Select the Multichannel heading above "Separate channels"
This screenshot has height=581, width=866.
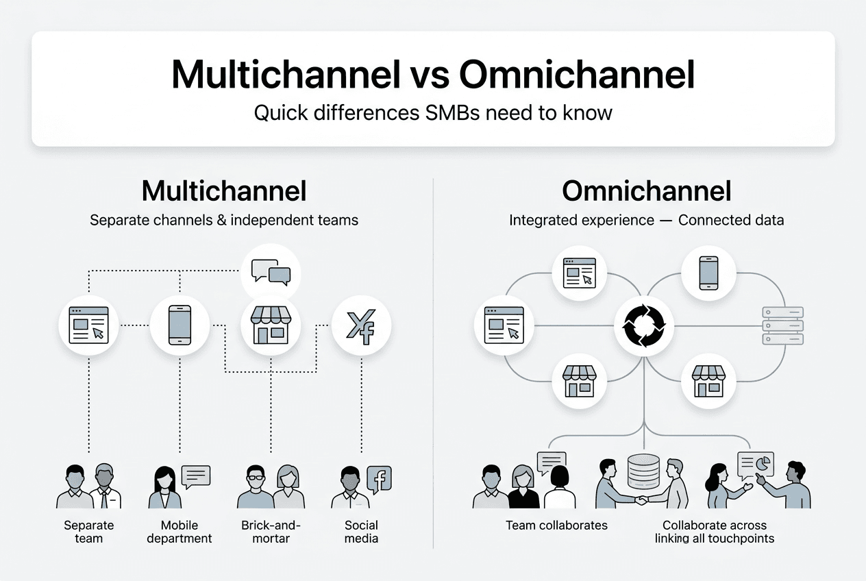click(x=224, y=191)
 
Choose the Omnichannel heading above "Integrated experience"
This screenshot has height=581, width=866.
click(x=646, y=191)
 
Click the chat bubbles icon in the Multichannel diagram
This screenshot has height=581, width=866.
click(x=271, y=272)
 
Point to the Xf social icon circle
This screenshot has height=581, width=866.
click(x=361, y=325)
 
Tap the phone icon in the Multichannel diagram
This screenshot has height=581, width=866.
click(x=180, y=325)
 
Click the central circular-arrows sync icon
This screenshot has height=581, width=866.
click(x=643, y=325)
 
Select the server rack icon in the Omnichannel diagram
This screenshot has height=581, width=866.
click(x=782, y=325)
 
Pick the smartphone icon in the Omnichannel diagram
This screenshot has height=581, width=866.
click(x=708, y=273)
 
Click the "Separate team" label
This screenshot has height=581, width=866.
click(x=89, y=532)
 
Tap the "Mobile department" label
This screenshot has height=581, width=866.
click(x=180, y=532)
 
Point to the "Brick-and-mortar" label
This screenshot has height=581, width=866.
click(x=271, y=532)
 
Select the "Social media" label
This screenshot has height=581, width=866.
click(x=361, y=532)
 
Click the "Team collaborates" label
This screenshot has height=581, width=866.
click(x=556, y=526)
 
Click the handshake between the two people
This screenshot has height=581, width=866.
click(x=641, y=500)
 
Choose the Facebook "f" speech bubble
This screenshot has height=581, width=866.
click(x=379, y=478)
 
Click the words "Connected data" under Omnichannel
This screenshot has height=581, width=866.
click(x=731, y=221)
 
